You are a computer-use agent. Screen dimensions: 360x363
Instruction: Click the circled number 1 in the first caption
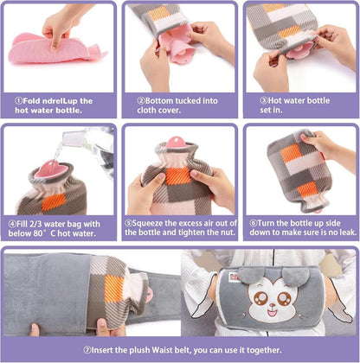tap(18, 101)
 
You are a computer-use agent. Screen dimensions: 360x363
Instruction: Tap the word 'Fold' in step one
tap(31, 101)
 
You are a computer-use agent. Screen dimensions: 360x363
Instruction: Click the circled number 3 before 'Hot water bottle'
tap(264, 100)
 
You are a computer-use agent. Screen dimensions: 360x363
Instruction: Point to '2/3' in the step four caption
tap(35, 224)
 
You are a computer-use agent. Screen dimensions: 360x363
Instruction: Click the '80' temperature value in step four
tap(38, 233)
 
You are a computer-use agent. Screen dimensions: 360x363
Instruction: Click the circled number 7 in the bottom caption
tap(87, 350)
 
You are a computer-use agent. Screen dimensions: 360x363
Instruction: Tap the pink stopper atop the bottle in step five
tap(177, 142)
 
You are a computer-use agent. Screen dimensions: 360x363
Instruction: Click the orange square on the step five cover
tap(177, 175)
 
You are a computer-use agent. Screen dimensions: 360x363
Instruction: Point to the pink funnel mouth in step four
tap(49, 169)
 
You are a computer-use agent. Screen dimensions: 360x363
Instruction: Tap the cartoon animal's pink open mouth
tap(272, 312)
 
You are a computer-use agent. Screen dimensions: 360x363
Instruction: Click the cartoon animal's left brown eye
tap(261, 298)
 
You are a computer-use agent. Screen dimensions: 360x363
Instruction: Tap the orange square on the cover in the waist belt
tap(115, 289)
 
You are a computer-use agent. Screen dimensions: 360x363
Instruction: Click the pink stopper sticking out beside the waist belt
tap(150, 293)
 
